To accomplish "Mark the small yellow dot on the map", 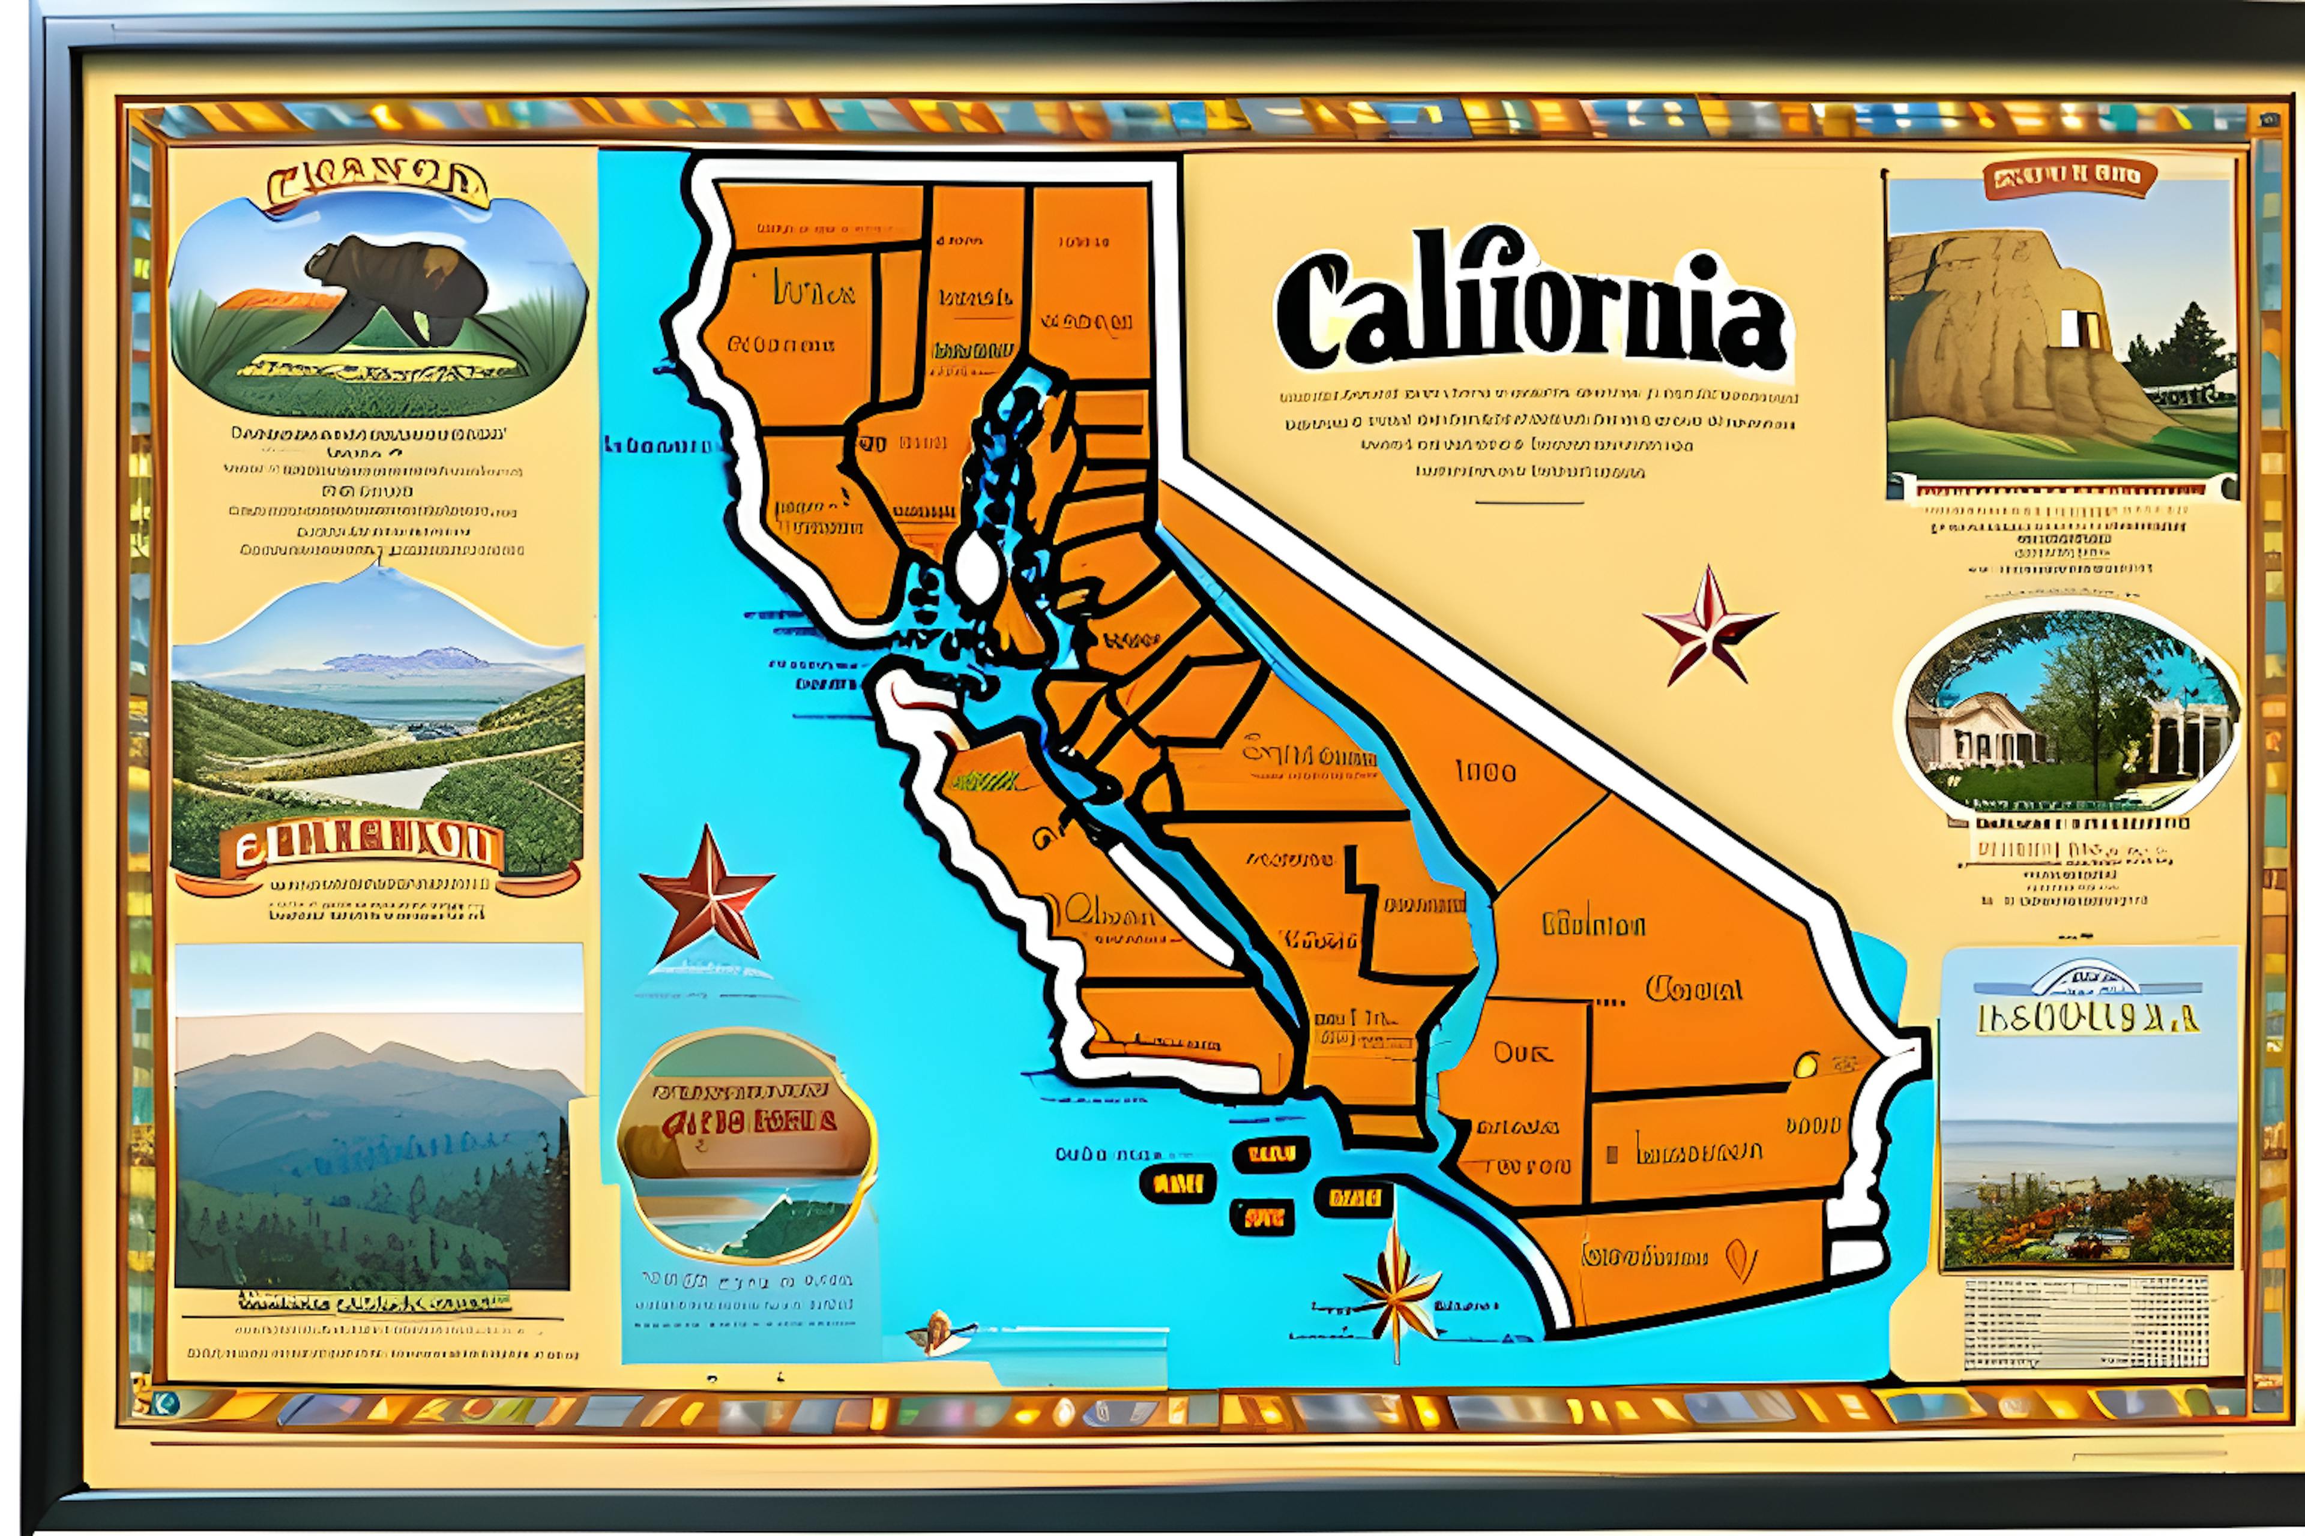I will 1805,1065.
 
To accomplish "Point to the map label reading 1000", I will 1486,772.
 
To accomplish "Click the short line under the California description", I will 1529,503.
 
